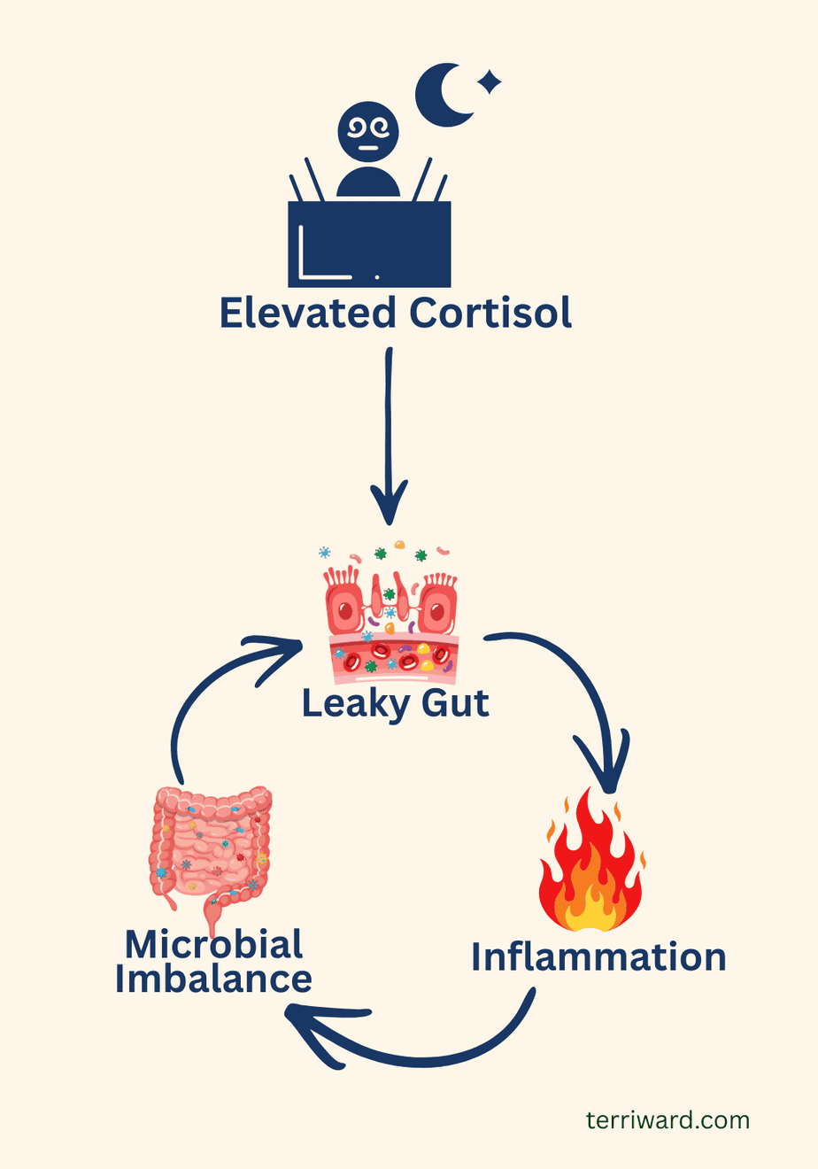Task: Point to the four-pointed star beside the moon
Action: coord(489,82)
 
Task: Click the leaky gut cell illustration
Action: coord(390,611)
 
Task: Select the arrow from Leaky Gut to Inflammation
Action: coord(584,700)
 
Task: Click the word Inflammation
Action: coord(598,957)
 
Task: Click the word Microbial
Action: coord(213,944)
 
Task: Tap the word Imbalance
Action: coord(213,979)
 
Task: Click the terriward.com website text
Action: coord(668,1120)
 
